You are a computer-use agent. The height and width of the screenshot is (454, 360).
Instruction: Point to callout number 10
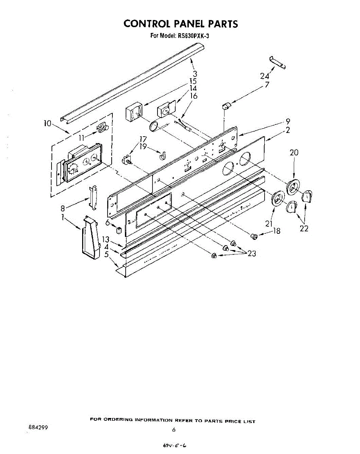point(47,123)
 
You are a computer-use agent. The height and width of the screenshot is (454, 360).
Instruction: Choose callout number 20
point(294,153)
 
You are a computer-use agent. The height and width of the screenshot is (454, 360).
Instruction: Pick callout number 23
point(252,254)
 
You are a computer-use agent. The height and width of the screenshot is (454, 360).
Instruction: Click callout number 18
point(277,231)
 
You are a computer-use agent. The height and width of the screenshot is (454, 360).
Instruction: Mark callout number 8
point(63,208)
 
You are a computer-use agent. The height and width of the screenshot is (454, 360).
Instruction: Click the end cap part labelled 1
point(89,238)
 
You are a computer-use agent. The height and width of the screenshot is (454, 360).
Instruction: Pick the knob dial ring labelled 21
point(278,198)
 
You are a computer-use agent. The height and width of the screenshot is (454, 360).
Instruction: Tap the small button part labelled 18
point(254,236)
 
